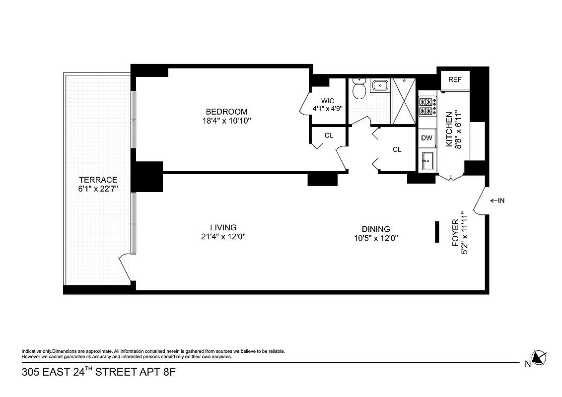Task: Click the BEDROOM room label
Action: [226, 112]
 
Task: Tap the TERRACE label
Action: [98, 180]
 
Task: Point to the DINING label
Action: [375, 229]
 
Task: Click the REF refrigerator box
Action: [455, 79]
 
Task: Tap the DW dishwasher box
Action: [426, 138]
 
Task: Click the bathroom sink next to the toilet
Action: [380, 85]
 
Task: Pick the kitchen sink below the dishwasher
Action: [426, 161]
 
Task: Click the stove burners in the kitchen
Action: [427, 107]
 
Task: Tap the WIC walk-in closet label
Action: [327, 101]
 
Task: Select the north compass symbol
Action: [538, 358]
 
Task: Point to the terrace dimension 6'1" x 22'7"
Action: [98, 189]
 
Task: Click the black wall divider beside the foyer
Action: [437, 232]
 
